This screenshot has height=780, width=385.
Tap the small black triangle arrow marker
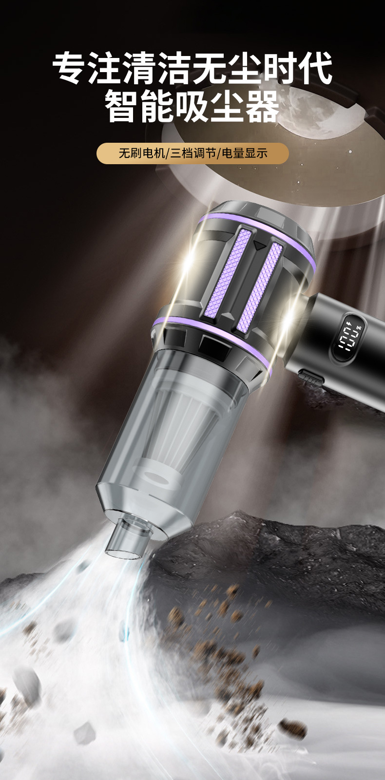pos(258,246)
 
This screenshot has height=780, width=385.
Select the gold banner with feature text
pos(192,153)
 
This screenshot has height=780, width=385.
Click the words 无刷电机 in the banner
pos(142,153)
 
